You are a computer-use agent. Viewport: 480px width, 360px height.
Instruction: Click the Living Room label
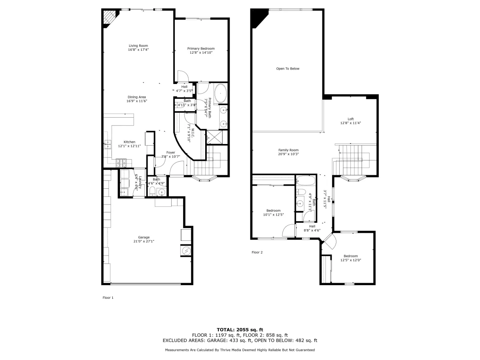point(138,46)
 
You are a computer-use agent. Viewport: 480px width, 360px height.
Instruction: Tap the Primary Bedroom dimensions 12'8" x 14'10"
point(201,52)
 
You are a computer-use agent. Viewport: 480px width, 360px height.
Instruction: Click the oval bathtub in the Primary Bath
point(220,93)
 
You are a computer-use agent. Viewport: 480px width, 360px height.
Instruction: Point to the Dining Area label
point(137,97)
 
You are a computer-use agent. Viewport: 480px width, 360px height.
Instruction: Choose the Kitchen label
point(130,142)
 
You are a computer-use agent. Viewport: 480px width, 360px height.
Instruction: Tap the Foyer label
point(170,152)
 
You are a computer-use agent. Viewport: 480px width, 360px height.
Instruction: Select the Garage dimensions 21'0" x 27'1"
point(144,241)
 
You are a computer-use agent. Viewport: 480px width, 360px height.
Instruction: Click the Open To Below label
point(288,69)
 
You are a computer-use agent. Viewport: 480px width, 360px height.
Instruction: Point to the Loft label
point(350,119)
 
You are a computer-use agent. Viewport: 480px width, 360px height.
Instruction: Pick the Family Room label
point(288,150)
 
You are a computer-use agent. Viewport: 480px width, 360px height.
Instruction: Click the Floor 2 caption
point(257,252)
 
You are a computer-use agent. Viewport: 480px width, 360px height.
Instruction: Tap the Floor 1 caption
point(108,298)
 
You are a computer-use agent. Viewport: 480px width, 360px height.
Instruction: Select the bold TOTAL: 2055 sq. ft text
point(240,330)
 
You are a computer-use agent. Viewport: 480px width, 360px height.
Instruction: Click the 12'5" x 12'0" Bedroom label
point(351,256)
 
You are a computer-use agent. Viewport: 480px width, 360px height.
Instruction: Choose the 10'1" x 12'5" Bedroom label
point(273,210)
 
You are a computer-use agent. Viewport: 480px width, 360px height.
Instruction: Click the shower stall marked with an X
point(214,138)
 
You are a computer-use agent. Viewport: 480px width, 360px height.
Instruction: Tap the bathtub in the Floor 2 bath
point(306,181)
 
